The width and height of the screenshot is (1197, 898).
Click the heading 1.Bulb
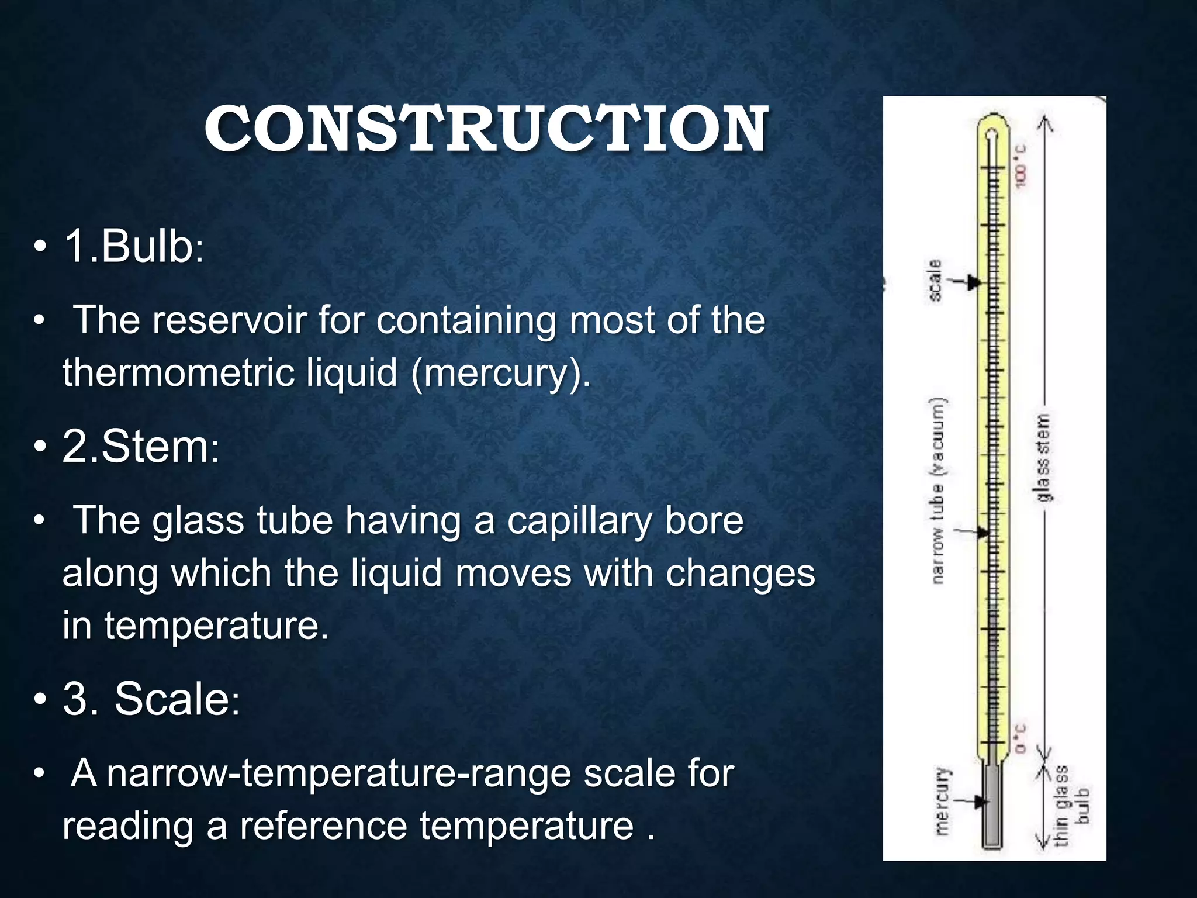tap(133, 246)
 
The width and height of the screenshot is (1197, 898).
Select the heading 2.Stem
tap(140, 447)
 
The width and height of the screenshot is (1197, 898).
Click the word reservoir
tap(229, 320)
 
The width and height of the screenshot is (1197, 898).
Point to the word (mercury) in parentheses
tap(500, 372)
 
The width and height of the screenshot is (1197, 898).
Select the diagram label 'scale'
tap(936, 281)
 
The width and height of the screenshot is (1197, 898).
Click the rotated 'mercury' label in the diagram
tap(942, 802)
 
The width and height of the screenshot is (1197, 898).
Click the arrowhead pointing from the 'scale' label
tap(973, 282)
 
